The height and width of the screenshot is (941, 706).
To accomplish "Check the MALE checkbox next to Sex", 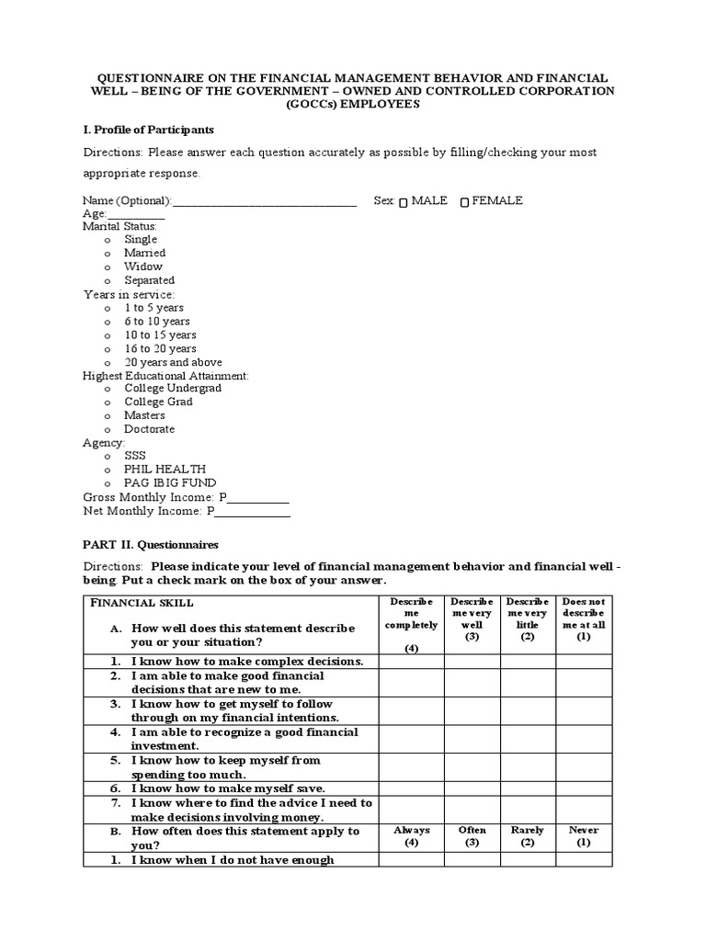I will [x=404, y=202].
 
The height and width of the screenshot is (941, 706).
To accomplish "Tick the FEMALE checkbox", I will [x=464, y=202].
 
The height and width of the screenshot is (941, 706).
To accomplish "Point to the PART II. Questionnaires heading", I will [x=151, y=545].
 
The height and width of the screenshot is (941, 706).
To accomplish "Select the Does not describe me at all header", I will [x=584, y=618].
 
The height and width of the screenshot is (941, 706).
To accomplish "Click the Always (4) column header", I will [x=411, y=836].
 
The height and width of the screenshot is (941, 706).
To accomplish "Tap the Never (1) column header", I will [x=584, y=836].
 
